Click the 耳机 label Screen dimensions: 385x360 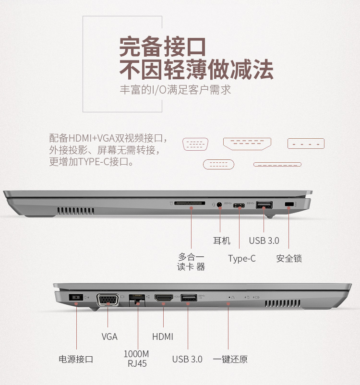pos(222,241)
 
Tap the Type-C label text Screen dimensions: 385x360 pos(242,259)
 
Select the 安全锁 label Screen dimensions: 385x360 pos(289,259)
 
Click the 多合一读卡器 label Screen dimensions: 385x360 pos(191,262)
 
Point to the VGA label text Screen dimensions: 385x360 pos(109,337)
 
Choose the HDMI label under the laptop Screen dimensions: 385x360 pos(163,337)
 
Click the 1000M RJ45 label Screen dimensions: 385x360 pos(137,359)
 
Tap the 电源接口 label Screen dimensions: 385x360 pos(76,359)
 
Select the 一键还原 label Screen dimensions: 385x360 pos(230,359)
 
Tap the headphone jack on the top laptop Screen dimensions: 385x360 pos(220,205)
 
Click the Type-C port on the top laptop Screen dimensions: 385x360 pos(241,206)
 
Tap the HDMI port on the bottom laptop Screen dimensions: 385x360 pos(163,298)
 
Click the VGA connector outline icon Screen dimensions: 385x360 pos(195,144)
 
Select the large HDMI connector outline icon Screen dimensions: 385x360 pos(247,143)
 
